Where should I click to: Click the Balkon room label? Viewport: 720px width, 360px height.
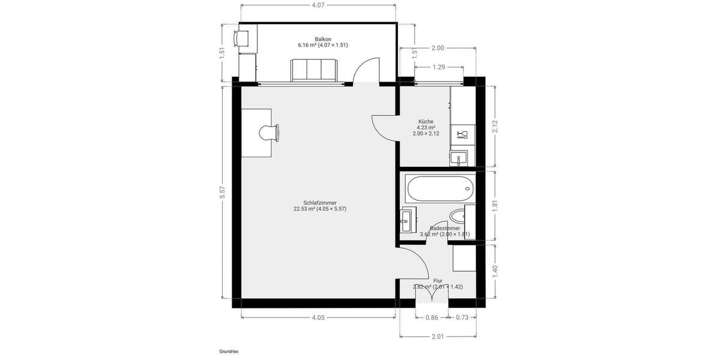coord(323,39)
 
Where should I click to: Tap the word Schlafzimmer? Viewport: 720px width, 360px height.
coord(320,203)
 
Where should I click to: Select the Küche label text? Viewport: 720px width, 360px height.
coord(425,122)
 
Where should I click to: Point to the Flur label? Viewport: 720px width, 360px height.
coord(437,280)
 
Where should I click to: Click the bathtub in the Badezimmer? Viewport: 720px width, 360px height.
coord(439,189)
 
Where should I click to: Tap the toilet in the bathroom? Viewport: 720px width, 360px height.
coord(460,216)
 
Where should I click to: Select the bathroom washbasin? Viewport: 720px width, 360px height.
coord(407,221)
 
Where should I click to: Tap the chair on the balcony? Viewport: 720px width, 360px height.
coord(242,38)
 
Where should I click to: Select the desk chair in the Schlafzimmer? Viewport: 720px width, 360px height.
coord(269,133)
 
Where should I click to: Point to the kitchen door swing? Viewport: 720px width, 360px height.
coord(384,127)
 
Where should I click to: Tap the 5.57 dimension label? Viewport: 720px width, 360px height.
coord(223,192)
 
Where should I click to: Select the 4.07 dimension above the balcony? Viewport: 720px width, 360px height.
coord(318,5)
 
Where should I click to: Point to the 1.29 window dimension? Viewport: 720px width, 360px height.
coord(439,67)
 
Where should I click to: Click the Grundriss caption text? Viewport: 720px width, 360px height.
coord(229,352)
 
